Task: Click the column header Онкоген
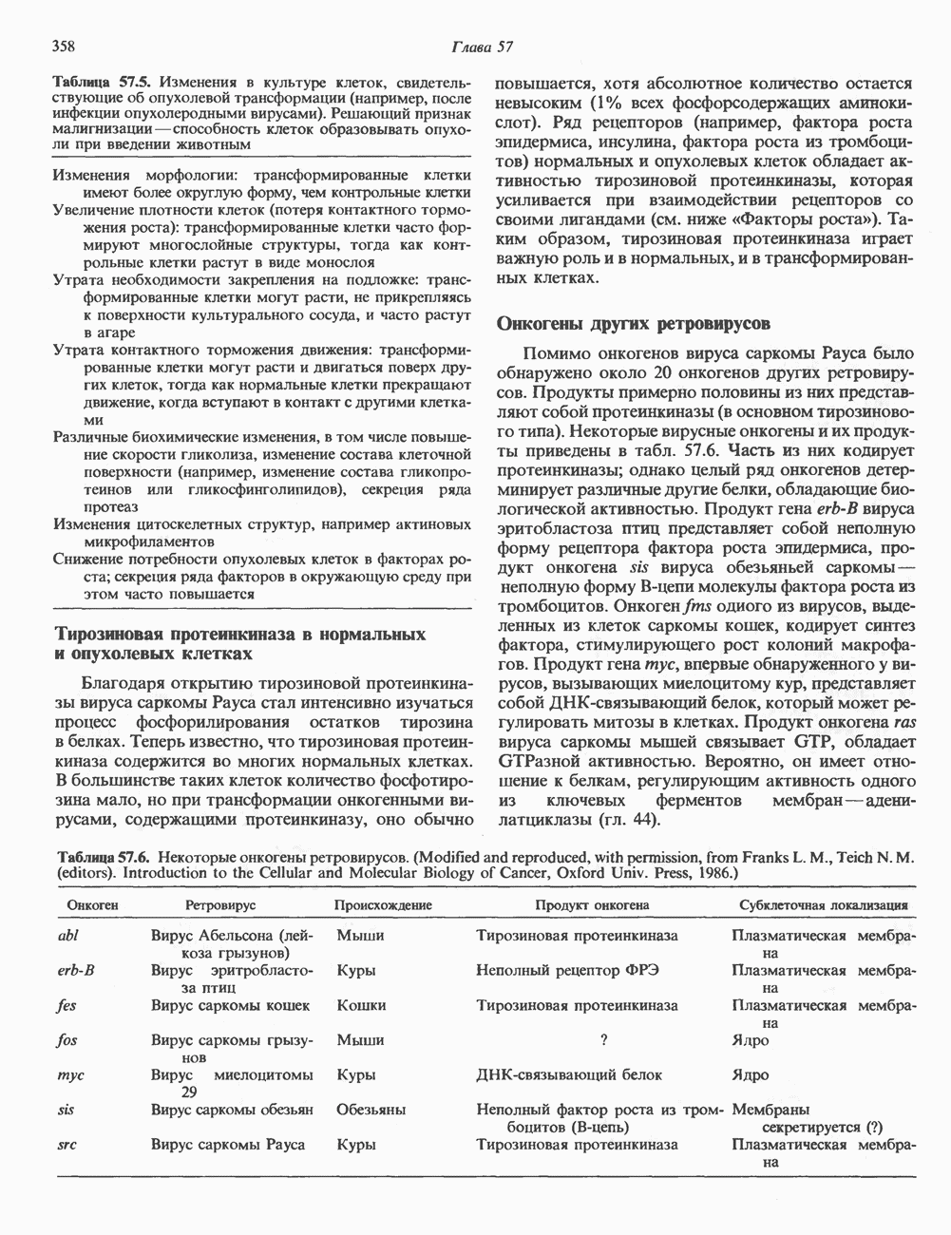click(92, 905)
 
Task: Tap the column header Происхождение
click(383, 905)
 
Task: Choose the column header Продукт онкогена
click(592, 905)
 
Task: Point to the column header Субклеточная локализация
click(823, 905)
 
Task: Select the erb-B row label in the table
click(75, 971)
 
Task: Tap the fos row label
click(67, 1040)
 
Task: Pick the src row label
click(67, 1145)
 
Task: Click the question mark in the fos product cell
click(603, 1040)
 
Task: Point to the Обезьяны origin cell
click(371, 1110)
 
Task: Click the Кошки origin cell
click(361, 1005)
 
